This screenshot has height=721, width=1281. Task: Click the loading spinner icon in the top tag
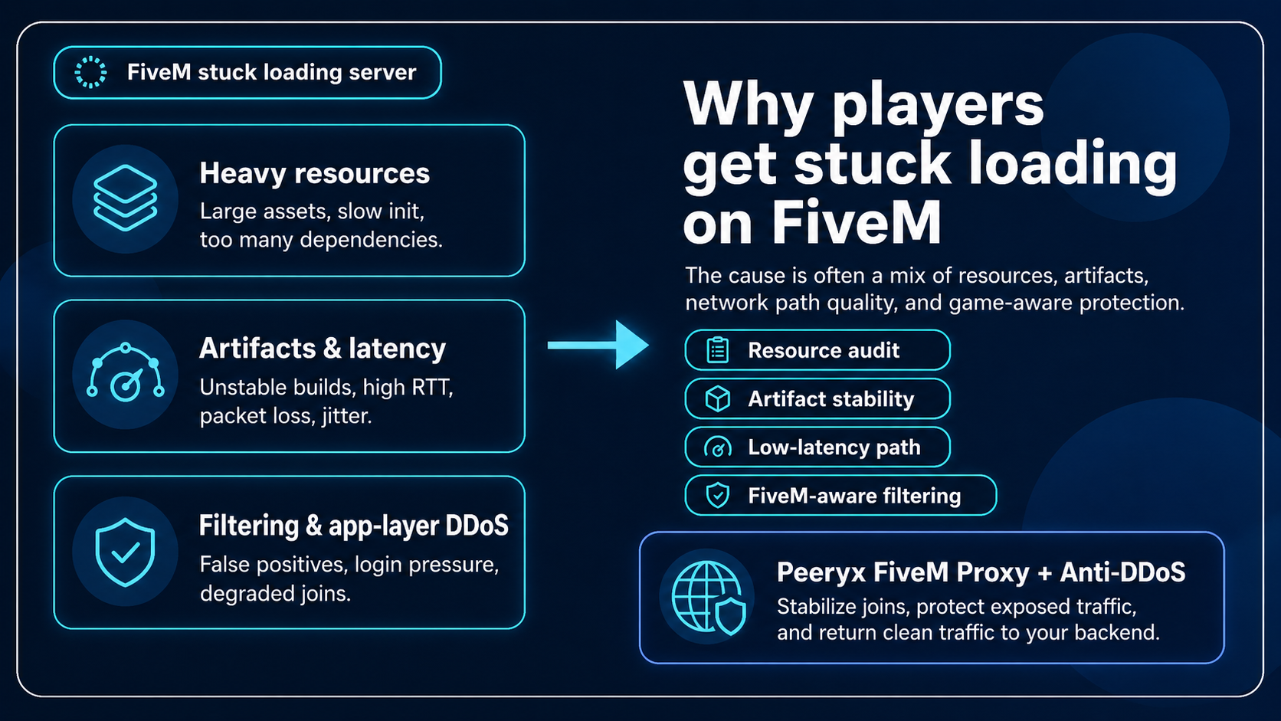click(x=90, y=72)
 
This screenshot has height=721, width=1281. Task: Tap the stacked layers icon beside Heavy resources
click(x=125, y=198)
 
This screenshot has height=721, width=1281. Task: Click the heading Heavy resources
click(x=314, y=173)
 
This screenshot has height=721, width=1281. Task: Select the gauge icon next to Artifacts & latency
click(x=126, y=375)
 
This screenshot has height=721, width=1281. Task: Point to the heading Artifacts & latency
click(x=322, y=349)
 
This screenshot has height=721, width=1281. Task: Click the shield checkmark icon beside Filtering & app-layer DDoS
click(x=125, y=552)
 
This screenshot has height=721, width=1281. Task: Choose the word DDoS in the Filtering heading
click(x=477, y=526)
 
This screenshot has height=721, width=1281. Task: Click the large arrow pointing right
click(x=598, y=345)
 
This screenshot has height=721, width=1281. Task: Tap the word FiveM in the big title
click(x=856, y=223)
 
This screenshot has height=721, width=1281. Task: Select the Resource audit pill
click(x=817, y=350)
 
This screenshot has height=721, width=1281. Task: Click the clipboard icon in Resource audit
click(x=717, y=350)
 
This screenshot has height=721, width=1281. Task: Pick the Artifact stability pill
click(x=817, y=398)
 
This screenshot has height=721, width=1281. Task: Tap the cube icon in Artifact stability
click(x=717, y=398)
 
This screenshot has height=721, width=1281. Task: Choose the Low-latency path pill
click(x=817, y=447)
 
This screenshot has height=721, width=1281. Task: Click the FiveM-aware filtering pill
click(x=840, y=496)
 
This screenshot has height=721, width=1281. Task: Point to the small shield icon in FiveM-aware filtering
click(x=717, y=496)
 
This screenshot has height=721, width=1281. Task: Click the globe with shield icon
click(x=707, y=598)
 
